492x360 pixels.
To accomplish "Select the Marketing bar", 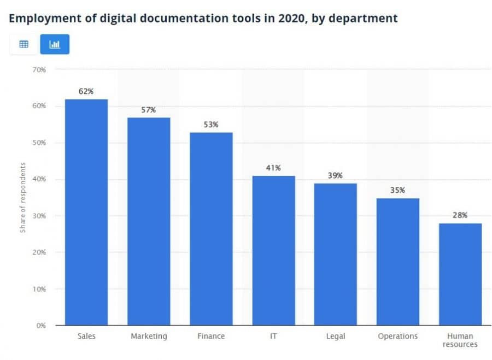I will coord(148,221).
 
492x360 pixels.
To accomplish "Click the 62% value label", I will coord(86,91).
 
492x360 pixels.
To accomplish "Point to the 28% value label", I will coord(460,215).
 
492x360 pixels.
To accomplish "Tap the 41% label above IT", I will coord(273,168).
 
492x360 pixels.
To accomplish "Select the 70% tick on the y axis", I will coord(38,69).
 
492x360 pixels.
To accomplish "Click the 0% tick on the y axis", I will coord(40,325).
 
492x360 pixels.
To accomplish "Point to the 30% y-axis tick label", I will coord(38,216).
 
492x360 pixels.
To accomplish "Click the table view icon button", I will coord(24,44).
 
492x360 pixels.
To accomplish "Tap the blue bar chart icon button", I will coord(55,44).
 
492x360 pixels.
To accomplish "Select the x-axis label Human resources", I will coord(460,340).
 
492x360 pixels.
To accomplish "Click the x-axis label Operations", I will coord(397,336).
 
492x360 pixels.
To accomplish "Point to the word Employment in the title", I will coord(39,18).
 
